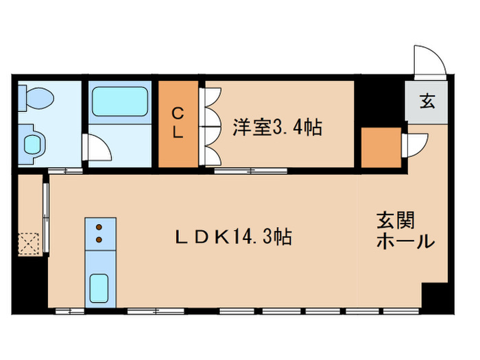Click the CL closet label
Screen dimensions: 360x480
pyautogui.click(x=178, y=123)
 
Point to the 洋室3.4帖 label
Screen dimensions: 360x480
pyautogui.click(x=278, y=127)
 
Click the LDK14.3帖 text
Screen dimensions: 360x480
pyautogui.click(x=233, y=237)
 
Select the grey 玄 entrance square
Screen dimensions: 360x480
pyautogui.click(x=426, y=103)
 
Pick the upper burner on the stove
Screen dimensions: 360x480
pyautogui.click(x=100, y=227)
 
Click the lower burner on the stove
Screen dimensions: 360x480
pyautogui.click(x=100, y=239)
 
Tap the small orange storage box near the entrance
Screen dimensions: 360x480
pyautogui.click(x=381, y=147)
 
